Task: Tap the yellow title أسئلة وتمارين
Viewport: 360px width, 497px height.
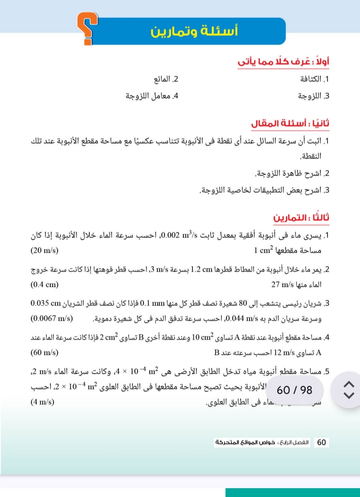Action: pos(194,31)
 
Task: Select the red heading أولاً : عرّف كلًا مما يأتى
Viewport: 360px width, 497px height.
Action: pos(283,62)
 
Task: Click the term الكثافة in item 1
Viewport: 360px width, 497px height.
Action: pos(311,79)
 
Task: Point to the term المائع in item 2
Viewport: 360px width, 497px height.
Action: pos(162,79)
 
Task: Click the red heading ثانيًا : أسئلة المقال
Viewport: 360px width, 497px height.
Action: pos(290,123)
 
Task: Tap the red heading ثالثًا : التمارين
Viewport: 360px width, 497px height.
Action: pos(301,218)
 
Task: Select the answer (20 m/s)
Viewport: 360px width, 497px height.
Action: pos(44,250)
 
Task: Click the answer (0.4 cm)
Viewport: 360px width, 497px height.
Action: pos(44,284)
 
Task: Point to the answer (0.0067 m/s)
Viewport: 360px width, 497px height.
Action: pos(52,318)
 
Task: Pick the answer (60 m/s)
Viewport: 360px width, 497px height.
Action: pos(44,352)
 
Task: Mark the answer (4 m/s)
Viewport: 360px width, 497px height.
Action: pos(42,402)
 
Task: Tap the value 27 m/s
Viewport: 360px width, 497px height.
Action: pos(282,284)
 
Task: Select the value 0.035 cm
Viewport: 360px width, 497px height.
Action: pos(46,303)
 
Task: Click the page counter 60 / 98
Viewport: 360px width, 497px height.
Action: pos(294,390)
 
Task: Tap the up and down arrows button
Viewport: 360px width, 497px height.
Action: pos(349,390)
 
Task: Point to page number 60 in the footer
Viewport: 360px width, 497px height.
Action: pos(321,442)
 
